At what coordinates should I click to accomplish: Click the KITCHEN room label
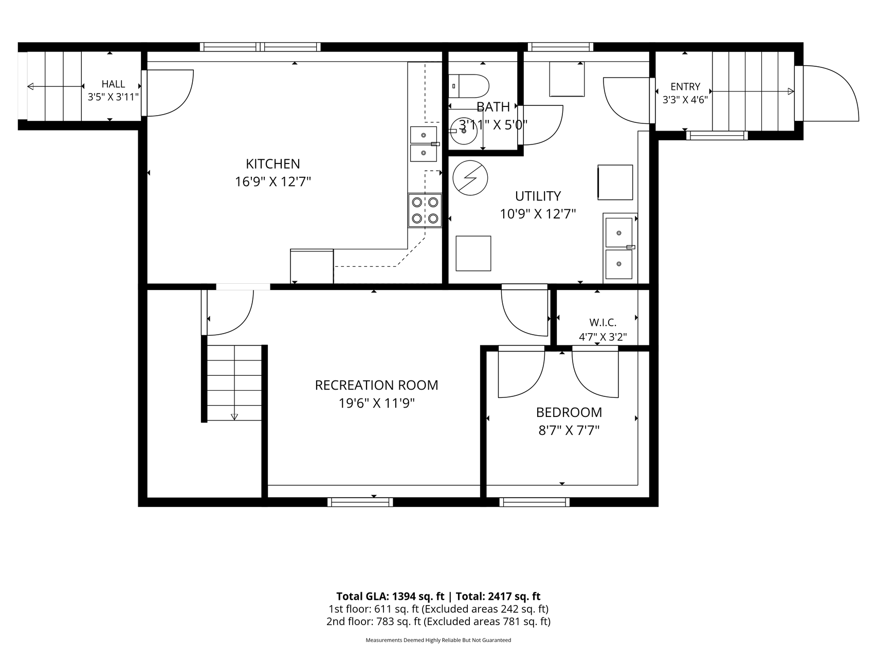click(x=273, y=164)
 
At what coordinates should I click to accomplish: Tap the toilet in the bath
click(x=468, y=86)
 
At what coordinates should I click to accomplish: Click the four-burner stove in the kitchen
click(x=425, y=210)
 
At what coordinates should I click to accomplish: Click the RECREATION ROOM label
click(x=376, y=385)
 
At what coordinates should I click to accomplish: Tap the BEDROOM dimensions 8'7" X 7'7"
click(x=569, y=430)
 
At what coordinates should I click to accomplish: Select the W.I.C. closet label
click(x=602, y=322)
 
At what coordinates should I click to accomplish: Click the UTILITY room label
click(x=538, y=196)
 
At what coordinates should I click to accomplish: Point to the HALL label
click(x=113, y=84)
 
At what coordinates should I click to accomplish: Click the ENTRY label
click(x=685, y=87)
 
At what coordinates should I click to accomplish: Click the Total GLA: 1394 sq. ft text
click(x=390, y=596)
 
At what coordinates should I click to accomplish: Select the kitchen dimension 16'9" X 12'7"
click(x=273, y=182)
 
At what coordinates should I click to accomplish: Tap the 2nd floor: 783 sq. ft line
click(x=439, y=622)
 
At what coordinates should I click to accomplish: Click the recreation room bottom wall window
click(x=360, y=502)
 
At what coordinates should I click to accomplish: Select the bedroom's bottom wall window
click(x=534, y=502)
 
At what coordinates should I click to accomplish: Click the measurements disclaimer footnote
click(x=439, y=641)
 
